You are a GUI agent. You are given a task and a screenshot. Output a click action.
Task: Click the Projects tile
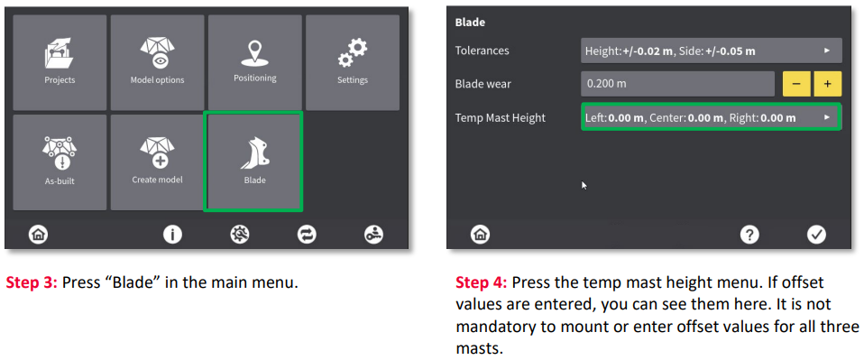(60, 63)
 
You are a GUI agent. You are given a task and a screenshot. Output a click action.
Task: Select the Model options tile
(157, 63)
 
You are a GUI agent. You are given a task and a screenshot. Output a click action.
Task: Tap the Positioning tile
(254, 63)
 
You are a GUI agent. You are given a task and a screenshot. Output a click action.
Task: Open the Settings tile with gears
(353, 63)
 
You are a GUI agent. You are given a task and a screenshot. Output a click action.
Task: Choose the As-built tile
(60, 162)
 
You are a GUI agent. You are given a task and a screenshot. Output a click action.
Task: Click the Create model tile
(157, 162)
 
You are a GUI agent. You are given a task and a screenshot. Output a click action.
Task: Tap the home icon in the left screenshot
(39, 235)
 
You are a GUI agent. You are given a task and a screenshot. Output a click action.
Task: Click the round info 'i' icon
(172, 235)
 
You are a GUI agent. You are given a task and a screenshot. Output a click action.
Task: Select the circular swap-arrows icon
(307, 235)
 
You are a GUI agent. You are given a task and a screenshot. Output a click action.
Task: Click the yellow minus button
(796, 84)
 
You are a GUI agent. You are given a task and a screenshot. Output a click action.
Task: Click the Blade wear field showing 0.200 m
(677, 84)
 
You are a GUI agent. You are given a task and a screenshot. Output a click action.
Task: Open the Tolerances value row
(712, 51)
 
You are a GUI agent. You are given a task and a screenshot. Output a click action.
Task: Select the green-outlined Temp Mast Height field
(712, 117)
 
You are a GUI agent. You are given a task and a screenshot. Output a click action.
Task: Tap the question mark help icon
(749, 235)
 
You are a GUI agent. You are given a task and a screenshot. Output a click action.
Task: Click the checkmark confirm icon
(816, 235)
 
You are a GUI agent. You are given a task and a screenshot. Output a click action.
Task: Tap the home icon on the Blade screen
(480, 235)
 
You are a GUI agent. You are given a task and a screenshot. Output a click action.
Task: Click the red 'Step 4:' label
(482, 283)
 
